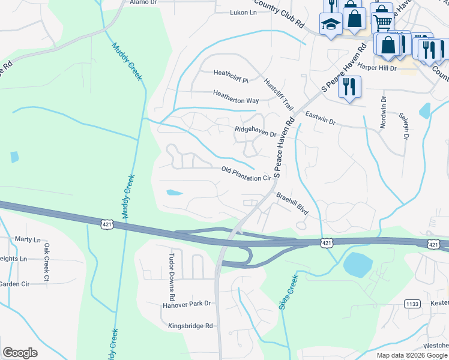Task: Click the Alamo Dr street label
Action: pos(143,2)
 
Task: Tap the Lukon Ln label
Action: pos(244,13)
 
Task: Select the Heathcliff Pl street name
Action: pos(231,73)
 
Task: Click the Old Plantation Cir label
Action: pos(247,174)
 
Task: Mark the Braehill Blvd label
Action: pos(292,204)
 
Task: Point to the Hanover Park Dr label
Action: pos(187,304)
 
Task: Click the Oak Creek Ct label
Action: pos(46,262)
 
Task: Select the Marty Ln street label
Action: pos(26,239)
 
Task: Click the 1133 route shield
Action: pos(412,304)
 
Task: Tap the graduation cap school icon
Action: pos(330,24)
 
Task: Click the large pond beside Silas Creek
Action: pos(358,264)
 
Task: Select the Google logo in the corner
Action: pos(20,353)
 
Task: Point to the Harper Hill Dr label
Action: pos(377,68)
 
